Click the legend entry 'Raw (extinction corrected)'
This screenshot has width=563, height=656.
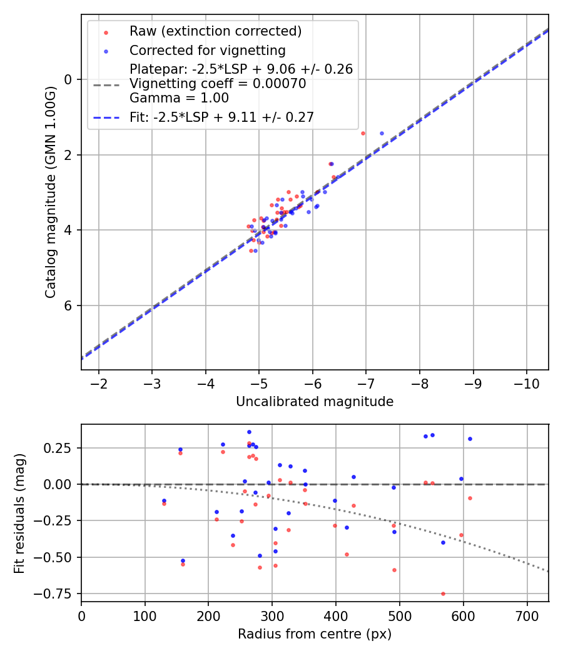click(x=215, y=31)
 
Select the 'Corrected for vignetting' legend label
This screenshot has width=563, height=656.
click(x=207, y=51)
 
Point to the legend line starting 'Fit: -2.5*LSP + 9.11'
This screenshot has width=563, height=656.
click(x=221, y=117)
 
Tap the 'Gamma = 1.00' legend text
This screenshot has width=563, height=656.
click(x=179, y=98)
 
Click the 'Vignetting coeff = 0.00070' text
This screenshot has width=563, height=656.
click(x=218, y=84)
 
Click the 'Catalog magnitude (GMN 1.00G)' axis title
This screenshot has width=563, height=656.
click(x=51, y=191)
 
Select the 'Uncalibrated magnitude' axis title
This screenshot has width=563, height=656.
click(x=315, y=402)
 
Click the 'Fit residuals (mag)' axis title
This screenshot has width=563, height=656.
click(x=19, y=513)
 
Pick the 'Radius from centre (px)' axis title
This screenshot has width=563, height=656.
click(x=315, y=634)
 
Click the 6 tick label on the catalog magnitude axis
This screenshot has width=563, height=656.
click(x=69, y=306)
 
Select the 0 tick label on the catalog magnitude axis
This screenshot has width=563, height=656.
click(x=69, y=79)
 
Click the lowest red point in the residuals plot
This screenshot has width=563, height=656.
click(x=443, y=594)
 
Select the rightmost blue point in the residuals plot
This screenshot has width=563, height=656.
click(x=470, y=439)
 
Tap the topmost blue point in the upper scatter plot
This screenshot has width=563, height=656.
click(x=382, y=133)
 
